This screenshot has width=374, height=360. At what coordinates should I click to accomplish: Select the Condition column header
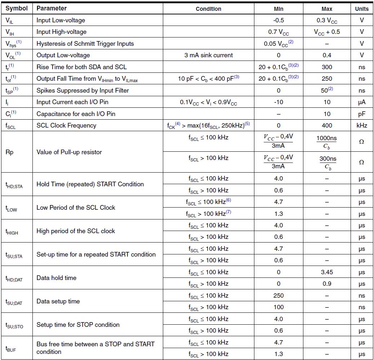(208, 9)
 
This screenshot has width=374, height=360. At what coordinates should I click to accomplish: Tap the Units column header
(361, 9)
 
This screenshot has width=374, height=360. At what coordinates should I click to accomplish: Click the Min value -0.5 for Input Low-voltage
(279, 20)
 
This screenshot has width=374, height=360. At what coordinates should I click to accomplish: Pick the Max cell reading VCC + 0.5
(326, 32)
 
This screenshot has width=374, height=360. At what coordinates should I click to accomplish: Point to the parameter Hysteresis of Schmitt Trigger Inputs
(85, 44)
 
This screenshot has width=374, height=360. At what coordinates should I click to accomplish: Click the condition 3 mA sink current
(208, 55)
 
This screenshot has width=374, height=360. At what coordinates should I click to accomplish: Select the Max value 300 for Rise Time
(326, 67)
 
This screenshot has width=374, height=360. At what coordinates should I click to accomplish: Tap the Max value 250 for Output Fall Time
(326, 79)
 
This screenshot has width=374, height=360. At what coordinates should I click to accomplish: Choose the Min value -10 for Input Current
(279, 102)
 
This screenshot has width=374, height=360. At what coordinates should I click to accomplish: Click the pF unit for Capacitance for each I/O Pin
(362, 114)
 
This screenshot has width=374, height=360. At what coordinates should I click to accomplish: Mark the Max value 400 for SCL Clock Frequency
(326, 125)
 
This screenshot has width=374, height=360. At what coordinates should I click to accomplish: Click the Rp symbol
(10, 152)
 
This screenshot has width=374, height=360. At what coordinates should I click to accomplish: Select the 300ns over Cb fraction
(326, 162)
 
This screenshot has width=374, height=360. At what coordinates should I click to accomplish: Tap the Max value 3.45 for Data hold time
(326, 272)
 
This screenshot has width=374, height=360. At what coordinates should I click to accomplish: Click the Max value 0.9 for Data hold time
(326, 284)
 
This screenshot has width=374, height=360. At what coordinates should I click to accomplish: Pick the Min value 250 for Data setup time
(279, 295)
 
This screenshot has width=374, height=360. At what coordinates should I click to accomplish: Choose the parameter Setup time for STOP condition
(78, 325)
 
